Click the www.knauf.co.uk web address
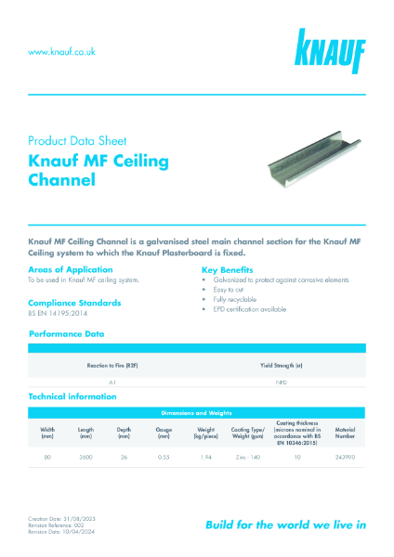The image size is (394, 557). [62, 52]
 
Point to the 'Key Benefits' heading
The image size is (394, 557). [229, 269]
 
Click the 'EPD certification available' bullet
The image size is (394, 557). [251, 309]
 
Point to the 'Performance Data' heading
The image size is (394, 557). [67, 333]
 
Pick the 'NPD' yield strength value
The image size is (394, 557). [281, 382]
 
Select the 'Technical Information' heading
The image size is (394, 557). [73, 396]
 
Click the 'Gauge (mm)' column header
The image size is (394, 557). [164, 434]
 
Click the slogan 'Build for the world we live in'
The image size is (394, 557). [285, 525]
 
